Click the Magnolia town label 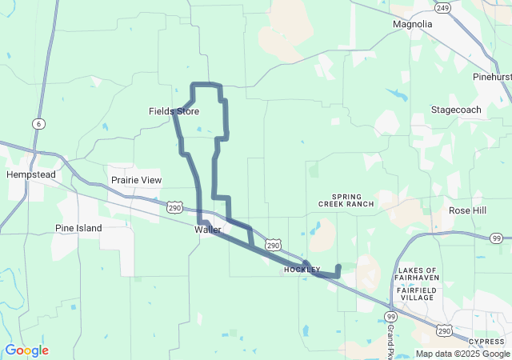(x=412, y=24)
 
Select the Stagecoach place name (x=455, y=109)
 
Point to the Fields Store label (x=174, y=111)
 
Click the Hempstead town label (x=28, y=174)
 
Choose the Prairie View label (x=135, y=181)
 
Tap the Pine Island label (x=78, y=228)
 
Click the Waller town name (x=207, y=230)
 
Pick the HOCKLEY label (x=302, y=270)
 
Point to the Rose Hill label (x=467, y=210)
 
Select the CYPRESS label (x=487, y=341)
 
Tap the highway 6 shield (x=38, y=124)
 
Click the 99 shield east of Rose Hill (x=497, y=238)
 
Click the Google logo (x=26, y=350)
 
